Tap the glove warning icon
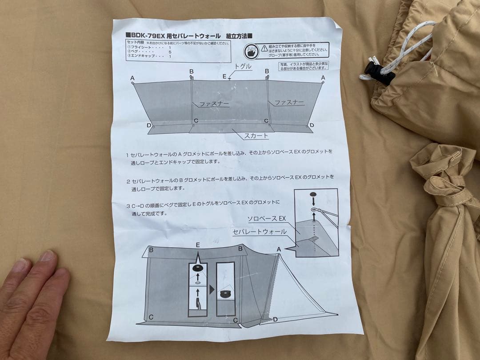click(x=252, y=50)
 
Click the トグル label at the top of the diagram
click(x=243, y=67)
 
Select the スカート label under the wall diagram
click(x=256, y=136)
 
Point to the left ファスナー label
click(x=214, y=104)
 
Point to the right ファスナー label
click(x=289, y=103)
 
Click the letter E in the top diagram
click(x=225, y=76)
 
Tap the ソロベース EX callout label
click(x=266, y=219)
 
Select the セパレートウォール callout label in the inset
click(x=260, y=232)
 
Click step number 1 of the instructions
click(x=128, y=156)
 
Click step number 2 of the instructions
click(x=128, y=181)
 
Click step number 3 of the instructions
click(x=128, y=207)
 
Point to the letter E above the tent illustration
click(x=197, y=245)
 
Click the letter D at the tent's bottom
click(x=275, y=319)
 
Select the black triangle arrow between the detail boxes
click(x=212, y=289)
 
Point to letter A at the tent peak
click(x=279, y=250)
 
